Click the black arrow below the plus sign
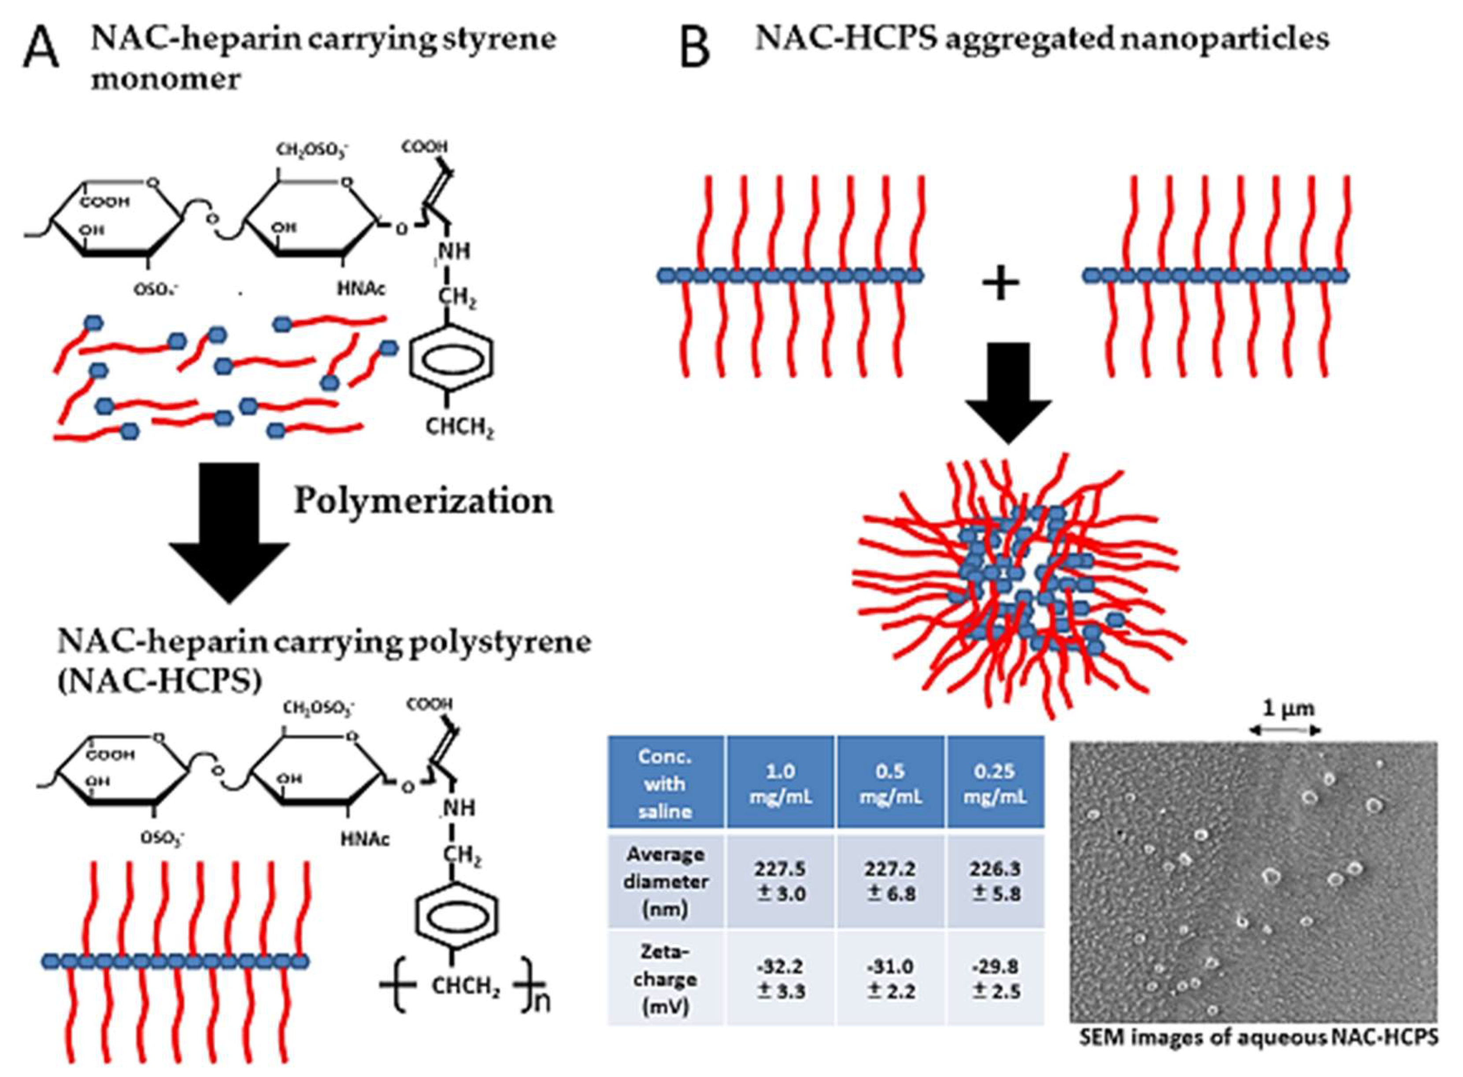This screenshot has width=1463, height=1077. [x=1008, y=391]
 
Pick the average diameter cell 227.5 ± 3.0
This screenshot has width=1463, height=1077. [x=780, y=881]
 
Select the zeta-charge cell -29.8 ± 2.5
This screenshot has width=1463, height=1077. [x=995, y=979]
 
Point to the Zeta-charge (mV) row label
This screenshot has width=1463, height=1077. [x=665, y=979]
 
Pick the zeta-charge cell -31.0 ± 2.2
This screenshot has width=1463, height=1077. [x=890, y=979]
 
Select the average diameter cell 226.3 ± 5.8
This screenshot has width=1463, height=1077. [x=995, y=881]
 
